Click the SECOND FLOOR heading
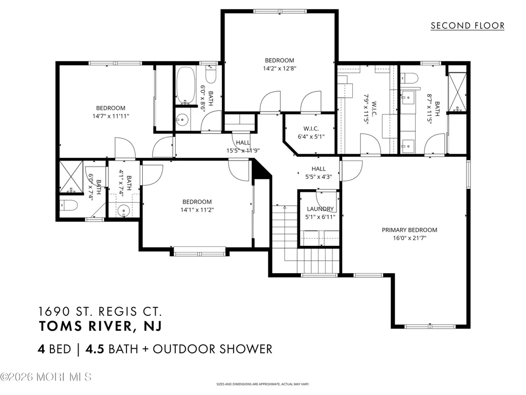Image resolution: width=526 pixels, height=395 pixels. [467, 26]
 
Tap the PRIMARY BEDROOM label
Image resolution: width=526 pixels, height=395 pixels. [409, 230]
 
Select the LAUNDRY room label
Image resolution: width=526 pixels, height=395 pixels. [320, 209]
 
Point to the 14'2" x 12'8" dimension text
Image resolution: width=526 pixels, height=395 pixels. [279, 68]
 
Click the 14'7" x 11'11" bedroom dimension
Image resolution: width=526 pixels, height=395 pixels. [111, 116]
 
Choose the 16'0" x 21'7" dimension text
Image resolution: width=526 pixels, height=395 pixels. [409, 238]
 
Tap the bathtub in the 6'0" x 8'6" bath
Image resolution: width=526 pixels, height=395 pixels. [185, 85]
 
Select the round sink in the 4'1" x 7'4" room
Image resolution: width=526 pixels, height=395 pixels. [123, 211]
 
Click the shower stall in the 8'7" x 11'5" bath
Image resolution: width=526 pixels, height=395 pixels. [457, 92]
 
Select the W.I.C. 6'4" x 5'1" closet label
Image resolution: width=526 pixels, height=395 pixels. [311, 133]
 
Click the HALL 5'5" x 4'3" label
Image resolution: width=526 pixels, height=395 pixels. [318, 173]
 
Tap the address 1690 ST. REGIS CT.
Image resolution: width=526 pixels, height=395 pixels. [100, 311]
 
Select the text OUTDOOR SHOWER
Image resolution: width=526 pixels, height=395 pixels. [212, 349]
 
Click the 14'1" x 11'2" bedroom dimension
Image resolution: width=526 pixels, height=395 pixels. [197, 210]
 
